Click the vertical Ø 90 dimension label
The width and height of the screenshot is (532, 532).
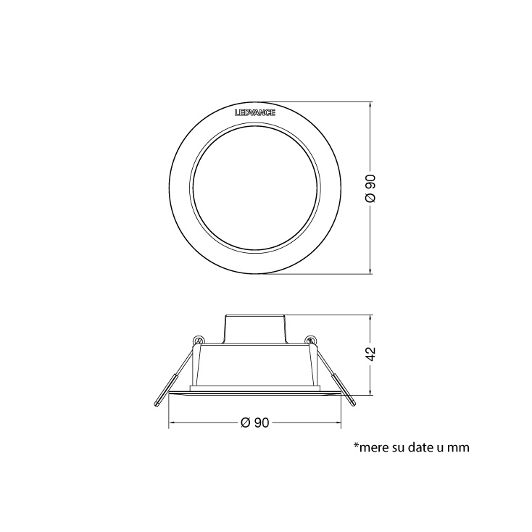370,188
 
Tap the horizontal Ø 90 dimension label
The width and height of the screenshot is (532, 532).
254,423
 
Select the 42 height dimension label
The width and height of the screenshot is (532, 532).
370,354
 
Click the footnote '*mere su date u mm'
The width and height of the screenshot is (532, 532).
411,447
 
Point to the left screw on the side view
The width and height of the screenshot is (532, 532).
198,340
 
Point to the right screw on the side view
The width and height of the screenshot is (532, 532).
310,340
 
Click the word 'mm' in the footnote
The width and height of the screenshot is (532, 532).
459,447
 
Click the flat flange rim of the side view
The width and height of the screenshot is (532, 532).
254,394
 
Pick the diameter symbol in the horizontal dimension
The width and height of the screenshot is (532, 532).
244,423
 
